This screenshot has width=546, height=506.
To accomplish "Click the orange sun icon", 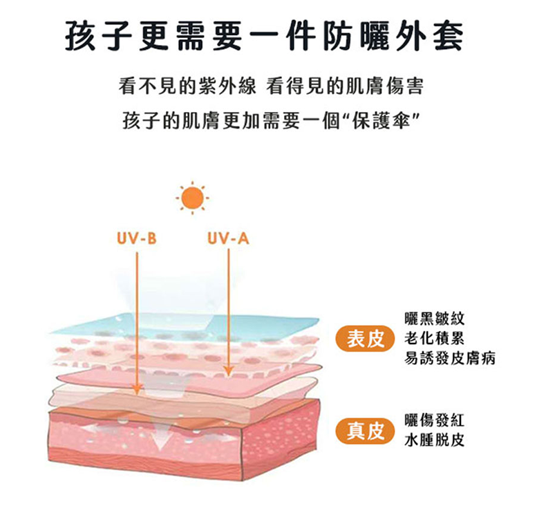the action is coord(192,198).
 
